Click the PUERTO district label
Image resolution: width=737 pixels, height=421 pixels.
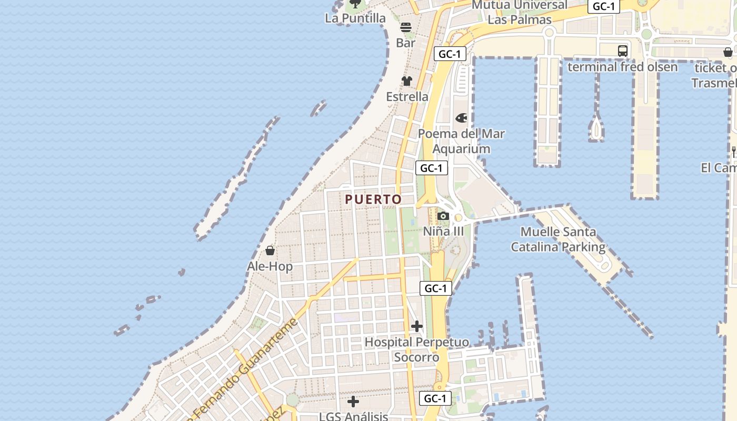click(373, 199)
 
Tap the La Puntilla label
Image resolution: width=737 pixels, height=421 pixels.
click(355, 18)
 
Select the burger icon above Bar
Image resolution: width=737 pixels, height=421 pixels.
click(405, 27)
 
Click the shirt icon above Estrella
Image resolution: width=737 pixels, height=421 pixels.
click(407, 81)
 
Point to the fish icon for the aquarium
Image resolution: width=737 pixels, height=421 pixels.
click(461, 118)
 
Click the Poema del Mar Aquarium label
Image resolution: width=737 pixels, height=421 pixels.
click(461, 141)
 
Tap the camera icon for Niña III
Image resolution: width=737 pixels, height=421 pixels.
click(443, 216)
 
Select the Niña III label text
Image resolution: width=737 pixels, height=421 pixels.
click(443, 232)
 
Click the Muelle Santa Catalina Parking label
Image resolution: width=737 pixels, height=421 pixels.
click(558, 239)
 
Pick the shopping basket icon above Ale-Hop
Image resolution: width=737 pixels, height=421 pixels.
click(270, 250)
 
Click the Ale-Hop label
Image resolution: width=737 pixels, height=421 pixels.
click(270, 266)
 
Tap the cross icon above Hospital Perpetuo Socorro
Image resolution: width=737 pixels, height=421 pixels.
click(416, 326)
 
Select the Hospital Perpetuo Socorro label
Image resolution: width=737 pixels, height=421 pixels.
click(416, 349)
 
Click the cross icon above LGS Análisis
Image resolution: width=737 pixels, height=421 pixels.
click(353, 402)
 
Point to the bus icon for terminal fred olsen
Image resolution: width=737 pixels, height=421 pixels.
click(623, 51)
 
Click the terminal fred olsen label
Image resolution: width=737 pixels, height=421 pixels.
click(622, 67)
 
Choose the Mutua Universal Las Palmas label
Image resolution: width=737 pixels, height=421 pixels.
click(519, 13)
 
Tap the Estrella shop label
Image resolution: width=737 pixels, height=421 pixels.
click(407, 97)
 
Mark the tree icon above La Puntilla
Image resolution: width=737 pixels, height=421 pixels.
click(356, 4)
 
